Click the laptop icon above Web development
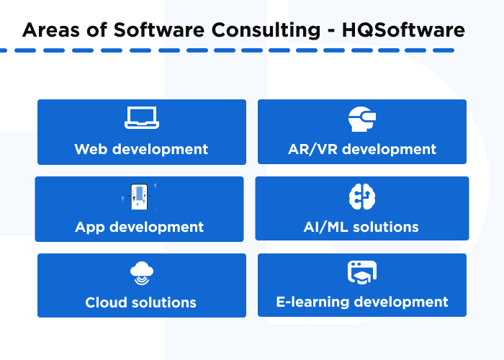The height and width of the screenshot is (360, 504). coord(141,117)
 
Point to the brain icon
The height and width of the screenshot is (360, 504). coord(361,196)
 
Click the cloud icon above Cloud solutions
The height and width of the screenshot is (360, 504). coord(141,273)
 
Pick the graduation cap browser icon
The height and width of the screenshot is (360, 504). coord(361,273)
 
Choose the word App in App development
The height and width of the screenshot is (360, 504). coord(90,227)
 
